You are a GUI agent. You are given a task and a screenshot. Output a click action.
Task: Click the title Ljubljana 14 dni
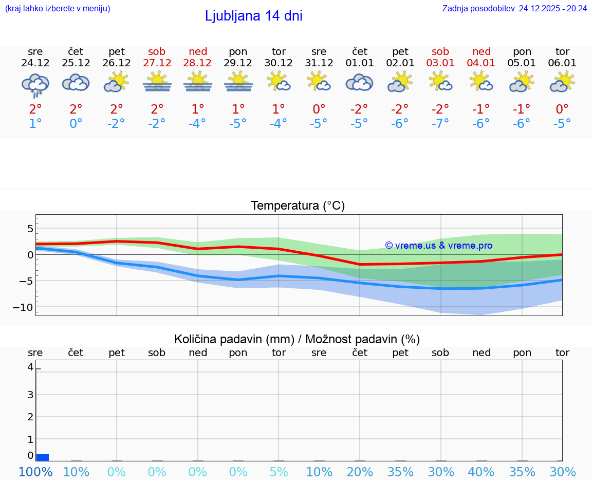click(x=253, y=16)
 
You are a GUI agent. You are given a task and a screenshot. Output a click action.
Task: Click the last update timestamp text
click(x=514, y=8)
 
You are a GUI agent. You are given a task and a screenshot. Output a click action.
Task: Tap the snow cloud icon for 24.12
click(x=35, y=84)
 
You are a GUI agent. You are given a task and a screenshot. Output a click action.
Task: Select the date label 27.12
click(x=157, y=63)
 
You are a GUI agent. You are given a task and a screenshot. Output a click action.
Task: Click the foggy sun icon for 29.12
click(x=238, y=82)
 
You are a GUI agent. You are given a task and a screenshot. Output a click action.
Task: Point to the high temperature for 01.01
click(x=359, y=109)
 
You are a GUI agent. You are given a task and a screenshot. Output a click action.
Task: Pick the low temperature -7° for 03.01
click(x=440, y=123)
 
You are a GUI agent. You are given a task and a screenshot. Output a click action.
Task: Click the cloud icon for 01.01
click(x=359, y=83)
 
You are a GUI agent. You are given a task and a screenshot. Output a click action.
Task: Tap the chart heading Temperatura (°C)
click(x=298, y=206)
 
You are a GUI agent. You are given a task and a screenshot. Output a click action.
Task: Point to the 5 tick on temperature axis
click(x=30, y=229)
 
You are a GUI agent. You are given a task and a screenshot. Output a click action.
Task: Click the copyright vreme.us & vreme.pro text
click(x=438, y=246)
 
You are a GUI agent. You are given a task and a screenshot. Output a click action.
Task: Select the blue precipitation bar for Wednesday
click(x=43, y=457)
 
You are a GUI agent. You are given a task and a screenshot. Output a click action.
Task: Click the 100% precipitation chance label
click(x=35, y=472)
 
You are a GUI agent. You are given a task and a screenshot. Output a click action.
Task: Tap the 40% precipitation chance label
click(x=481, y=472)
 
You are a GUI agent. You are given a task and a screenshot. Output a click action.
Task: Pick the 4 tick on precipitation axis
click(x=30, y=367)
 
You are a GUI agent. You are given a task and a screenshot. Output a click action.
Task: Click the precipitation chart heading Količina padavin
click(x=297, y=339)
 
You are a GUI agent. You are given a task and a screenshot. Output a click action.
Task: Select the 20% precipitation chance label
click(x=359, y=472)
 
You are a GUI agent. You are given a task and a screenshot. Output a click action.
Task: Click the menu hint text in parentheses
click(x=58, y=8)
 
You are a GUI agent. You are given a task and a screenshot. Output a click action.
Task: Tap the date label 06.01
click(x=562, y=63)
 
